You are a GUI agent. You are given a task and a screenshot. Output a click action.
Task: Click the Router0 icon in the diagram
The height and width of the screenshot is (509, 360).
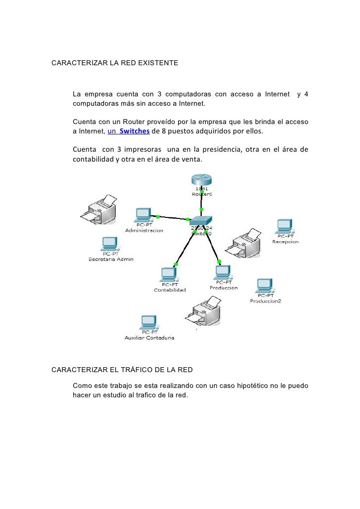pos(201,178)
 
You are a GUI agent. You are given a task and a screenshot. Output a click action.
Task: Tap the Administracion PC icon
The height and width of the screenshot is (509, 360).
pos(143,214)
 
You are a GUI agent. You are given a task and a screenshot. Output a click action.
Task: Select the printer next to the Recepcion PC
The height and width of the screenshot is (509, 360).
pos(244,243)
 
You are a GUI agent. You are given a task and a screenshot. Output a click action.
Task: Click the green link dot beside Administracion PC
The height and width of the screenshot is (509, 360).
pos(158,216)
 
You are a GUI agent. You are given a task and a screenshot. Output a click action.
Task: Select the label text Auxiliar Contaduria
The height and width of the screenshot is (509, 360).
pos(149,338)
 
